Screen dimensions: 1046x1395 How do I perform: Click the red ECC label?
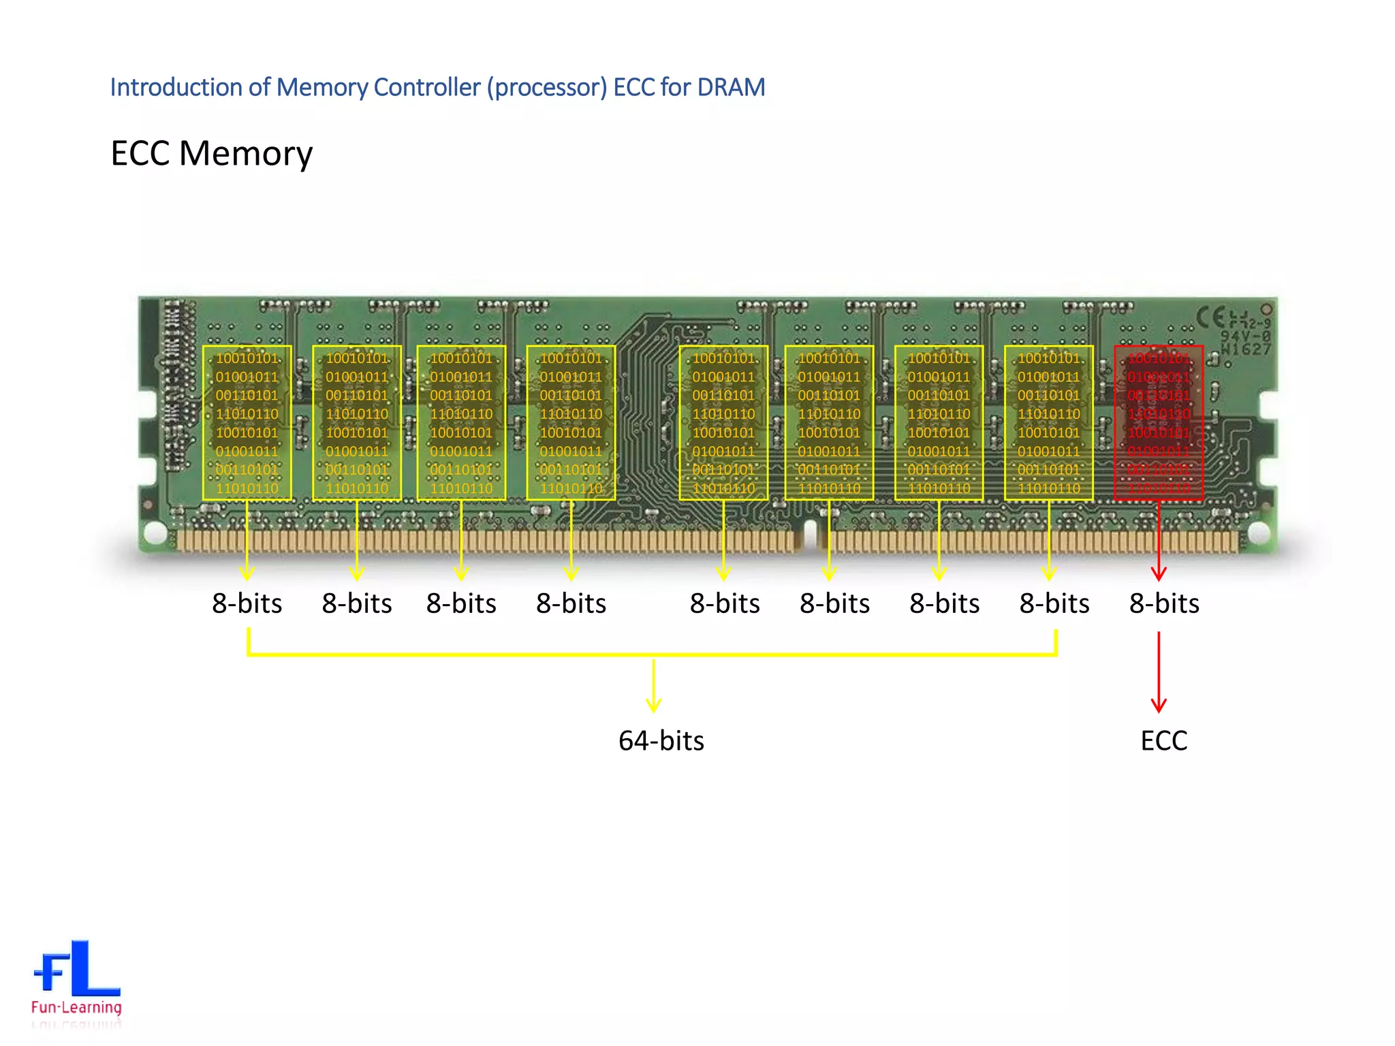1163,740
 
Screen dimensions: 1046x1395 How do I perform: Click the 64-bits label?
661,740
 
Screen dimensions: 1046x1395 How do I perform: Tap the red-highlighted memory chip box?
1159,423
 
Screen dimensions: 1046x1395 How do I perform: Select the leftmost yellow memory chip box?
247,423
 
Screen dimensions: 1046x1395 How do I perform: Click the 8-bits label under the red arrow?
1163,603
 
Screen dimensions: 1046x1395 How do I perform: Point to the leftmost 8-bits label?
247,603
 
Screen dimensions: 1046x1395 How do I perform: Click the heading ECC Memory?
211,153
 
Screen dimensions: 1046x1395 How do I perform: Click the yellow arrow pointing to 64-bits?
653,684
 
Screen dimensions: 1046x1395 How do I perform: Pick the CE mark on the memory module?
1210,317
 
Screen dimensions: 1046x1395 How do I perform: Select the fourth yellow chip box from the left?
571,423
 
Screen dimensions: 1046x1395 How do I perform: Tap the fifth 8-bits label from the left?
725,603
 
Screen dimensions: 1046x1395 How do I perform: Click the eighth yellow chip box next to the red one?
1048,423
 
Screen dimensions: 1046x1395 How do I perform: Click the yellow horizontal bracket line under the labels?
477,654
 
